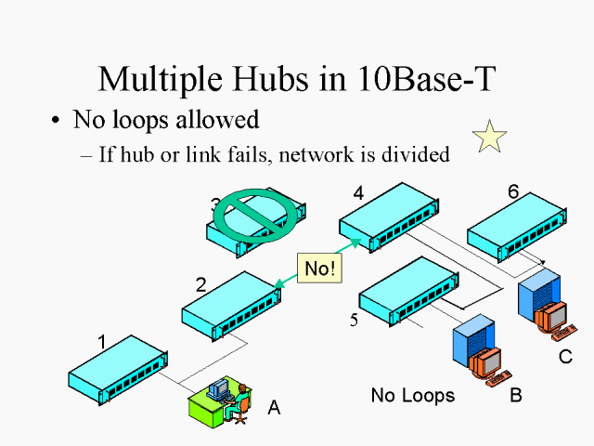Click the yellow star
[x=489, y=137]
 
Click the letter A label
[x=274, y=406]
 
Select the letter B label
[x=516, y=396]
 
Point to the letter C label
[x=565, y=356]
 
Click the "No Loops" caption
[x=412, y=396]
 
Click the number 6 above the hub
[x=513, y=191]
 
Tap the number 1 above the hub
[x=102, y=342]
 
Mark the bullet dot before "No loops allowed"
[x=57, y=121]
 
